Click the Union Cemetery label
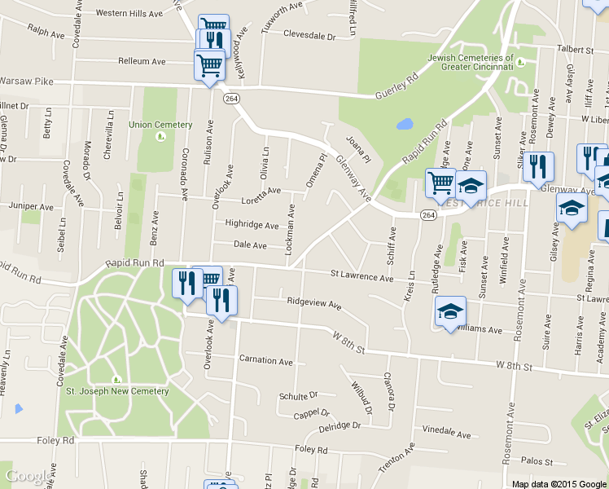pyautogui.click(x=160, y=125)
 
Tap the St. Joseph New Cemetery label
pyautogui.click(x=116, y=391)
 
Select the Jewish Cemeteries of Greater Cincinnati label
pyautogui.click(x=471, y=62)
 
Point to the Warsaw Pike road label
pyautogui.click(x=26, y=81)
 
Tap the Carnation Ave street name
pyautogui.click(x=265, y=360)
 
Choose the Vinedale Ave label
pyautogui.click(x=446, y=434)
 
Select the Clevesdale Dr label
pyautogui.click(x=309, y=36)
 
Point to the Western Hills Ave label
pyautogui.click(x=130, y=13)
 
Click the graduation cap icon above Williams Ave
pyautogui.click(x=450, y=311)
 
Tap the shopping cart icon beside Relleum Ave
pyautogui.click(x=209, y=64)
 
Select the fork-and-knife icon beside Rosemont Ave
pyautogui.click(x=538, y=167)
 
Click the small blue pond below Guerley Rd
pyautogui.click(x=404, y=126)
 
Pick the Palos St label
pyautogui.click(x=537, y=460)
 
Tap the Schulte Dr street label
pyautogui.click(x=297, y=395)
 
